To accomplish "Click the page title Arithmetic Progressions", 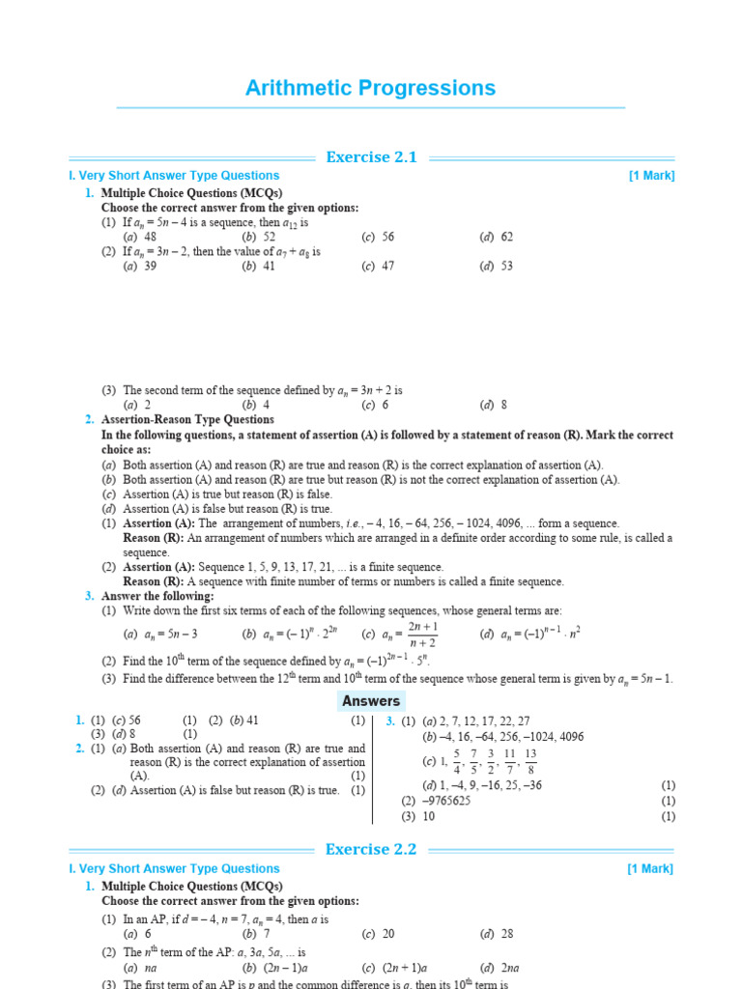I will pos(370,89).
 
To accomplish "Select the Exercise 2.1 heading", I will pos(371,157).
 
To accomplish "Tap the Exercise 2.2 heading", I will pos(371,850).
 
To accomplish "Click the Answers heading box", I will pos(370,701).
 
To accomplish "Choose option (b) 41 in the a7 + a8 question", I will pos(259,266).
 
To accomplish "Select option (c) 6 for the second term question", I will pos(376,406).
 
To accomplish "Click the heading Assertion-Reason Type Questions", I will pos(187,420).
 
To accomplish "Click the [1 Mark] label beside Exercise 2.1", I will pos(651,176).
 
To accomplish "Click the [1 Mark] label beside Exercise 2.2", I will pos(651,869).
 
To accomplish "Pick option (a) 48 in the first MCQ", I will pos(140,237).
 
